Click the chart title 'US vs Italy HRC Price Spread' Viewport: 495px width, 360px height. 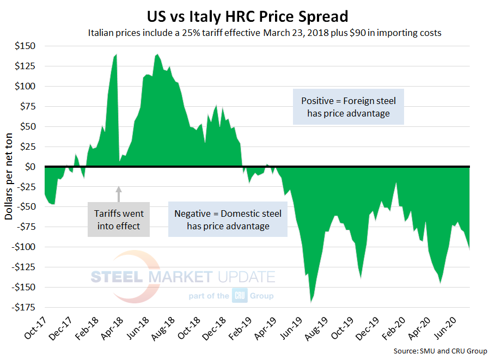pos(247,14)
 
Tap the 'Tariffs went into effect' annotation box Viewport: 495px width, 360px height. pos(119,219)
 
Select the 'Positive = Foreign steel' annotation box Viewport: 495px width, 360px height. pos(349,107)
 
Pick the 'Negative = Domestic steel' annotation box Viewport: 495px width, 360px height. pos(228,219)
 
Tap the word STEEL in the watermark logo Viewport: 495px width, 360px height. pos(117,277)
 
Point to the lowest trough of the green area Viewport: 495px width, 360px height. pos(311,301)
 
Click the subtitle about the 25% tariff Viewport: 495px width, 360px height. pos(265,33)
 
